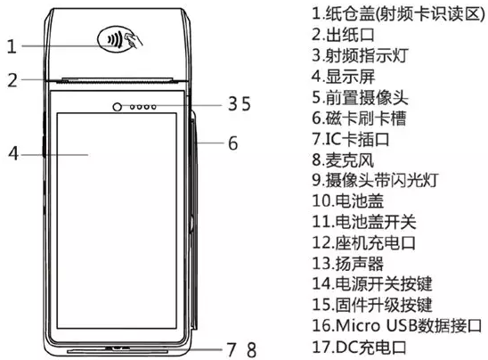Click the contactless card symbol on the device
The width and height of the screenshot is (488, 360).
tap(120, 39)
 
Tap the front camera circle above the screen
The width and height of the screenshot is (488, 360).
tap(117, 107)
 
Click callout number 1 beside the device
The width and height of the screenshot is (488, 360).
tap(12, 46)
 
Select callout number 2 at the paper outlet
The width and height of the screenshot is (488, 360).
tap(12, 80)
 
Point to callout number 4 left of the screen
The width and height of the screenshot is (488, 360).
tap(13, 153)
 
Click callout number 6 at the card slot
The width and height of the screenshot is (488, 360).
tap(233, 143)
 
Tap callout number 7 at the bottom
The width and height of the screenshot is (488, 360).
tap(232, 349)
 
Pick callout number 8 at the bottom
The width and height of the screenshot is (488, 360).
tap(252, 349)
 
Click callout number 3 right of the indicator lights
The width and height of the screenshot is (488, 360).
tap(233, 103)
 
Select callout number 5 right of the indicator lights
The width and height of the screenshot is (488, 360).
tap(246, 103)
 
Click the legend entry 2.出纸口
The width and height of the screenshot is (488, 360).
tap(343, 35)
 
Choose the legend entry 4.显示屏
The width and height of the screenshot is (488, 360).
tap(344, 77)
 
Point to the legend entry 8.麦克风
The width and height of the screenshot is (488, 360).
tap(343, 160)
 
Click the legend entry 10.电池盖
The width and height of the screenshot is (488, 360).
tap(348, 200)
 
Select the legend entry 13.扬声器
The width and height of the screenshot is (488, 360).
tap(348, 263)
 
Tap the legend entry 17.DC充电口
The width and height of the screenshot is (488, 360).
tap(360, 348)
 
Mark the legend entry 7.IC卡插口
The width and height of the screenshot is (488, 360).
tap(351, 139)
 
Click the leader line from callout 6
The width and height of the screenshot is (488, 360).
tap(210, 143)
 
